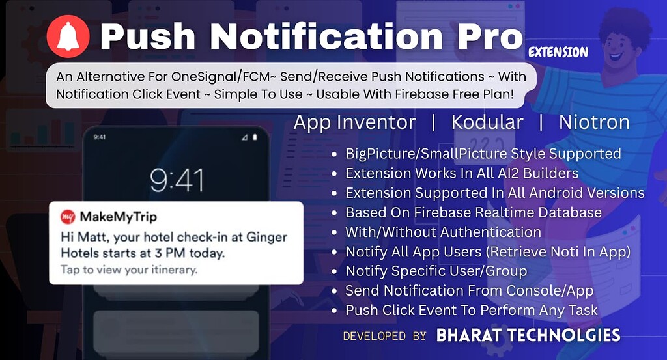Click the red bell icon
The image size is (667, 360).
click(x=68, y=36)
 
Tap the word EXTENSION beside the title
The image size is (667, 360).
click(x=558, y=52)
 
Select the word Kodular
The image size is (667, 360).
click(x=487, y=122)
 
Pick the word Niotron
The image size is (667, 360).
click(x=594, y=122)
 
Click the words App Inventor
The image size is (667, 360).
click(x=355, y=123)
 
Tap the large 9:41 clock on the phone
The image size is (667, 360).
click(x=177, y=180)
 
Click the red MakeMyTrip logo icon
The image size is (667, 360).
click(x=68, y=217)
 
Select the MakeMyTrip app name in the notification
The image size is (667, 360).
click(x=119, y=217)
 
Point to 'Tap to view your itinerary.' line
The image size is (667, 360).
click(x=129, y=270)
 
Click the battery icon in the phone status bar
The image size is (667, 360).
click(x=255, y=137)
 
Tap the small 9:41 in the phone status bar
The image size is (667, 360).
click(x=100, y=137)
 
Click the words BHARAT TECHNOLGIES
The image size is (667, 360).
click(x=528, y=335)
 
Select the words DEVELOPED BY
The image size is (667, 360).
click(x=384, y=336)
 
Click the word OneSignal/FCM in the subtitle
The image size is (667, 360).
click(x=220, y=77)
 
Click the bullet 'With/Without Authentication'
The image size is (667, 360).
click(x=443, y=232)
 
